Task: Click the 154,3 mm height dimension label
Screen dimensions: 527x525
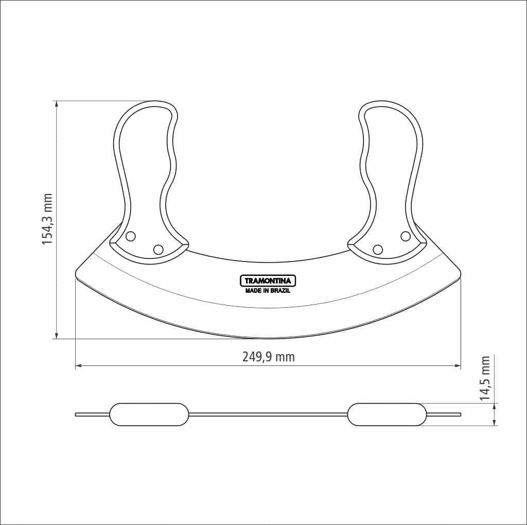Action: (x=47, y=219)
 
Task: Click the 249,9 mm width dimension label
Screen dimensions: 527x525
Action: (x=269, y=357)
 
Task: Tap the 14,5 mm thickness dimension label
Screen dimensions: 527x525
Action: (x=484, y=378)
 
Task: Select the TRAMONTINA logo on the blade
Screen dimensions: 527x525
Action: (x=268, y=281)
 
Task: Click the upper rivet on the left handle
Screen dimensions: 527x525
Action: (x=131, y=236)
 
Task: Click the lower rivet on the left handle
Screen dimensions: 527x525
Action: (x=159, y=250)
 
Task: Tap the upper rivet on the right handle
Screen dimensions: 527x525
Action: (x=406, y=236)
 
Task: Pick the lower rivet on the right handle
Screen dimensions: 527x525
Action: (x=378, y=250)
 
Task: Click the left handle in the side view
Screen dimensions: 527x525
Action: (x=149, y=414)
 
